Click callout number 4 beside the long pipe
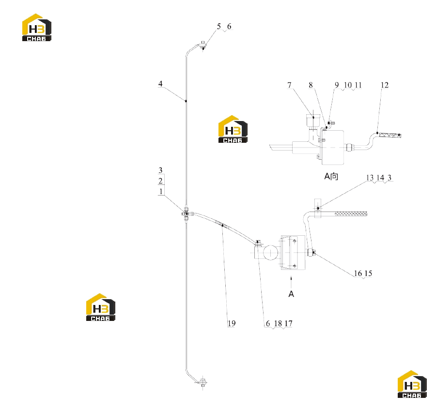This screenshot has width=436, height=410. tap(160, 84)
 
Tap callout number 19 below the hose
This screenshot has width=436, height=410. tap(232, 323)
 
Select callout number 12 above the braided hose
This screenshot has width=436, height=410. tap(385, 85)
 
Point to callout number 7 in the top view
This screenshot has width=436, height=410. tap(290, 85)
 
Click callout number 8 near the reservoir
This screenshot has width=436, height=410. tap(311, 85)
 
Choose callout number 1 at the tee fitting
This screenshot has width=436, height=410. tap(161, 191)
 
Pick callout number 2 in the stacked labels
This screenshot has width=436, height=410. tap(160, 181)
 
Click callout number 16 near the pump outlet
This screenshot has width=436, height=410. tap(358, 273)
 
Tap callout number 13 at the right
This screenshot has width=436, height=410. tap(370, 178)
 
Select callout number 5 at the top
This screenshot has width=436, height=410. tap(219, 27)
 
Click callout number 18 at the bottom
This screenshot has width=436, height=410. tap(278, 323)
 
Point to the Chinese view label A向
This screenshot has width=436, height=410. tap(331, 176)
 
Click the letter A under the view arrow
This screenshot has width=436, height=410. tap(291, 294)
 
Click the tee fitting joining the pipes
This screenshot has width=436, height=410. tap(186, 213)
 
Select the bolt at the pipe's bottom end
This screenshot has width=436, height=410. tap(203, 382)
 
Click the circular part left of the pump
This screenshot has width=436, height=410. tap(270, 253)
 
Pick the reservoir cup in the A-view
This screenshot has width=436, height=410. tap(313, 121)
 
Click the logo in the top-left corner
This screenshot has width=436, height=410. tap(37, 28)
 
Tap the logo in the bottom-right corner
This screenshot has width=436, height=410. tap(412, 384)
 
